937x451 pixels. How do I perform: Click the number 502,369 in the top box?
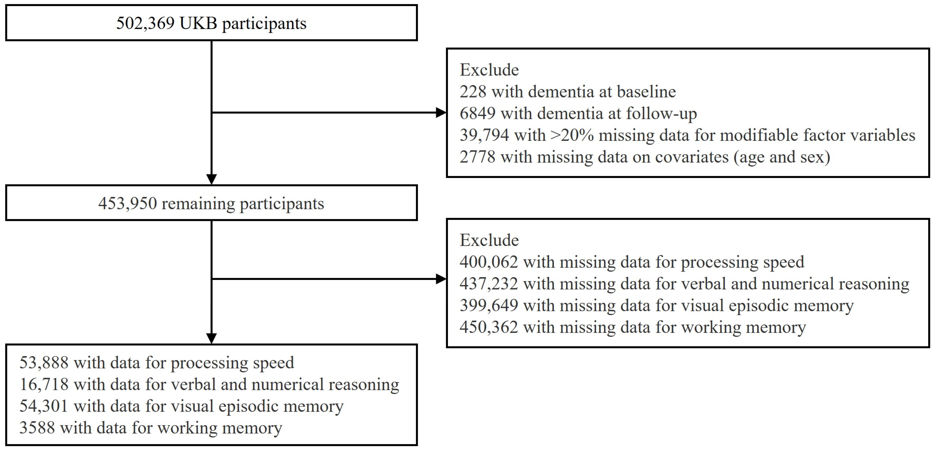coord(145,23)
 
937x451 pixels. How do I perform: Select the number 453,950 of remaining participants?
coord(127,203)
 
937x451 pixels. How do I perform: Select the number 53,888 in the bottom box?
coord(44,363)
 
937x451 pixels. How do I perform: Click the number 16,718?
coord(44,384)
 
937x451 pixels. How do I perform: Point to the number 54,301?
coord(44,406)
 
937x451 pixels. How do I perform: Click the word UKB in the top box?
coord(198,23)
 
